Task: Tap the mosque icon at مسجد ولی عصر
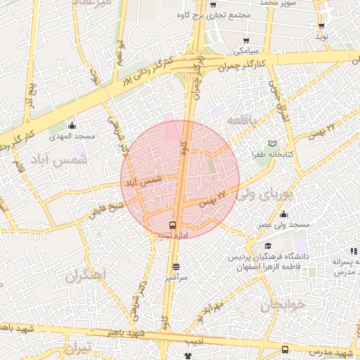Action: coord(283,214)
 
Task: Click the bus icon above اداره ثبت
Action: coord(173,226)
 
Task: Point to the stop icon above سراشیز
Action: coord(176,266)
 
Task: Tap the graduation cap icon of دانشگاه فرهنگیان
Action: coord(268,246)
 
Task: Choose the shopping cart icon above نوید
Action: coord(321,25)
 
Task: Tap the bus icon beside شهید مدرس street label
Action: coord(285,349)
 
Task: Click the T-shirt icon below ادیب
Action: coord(188,356)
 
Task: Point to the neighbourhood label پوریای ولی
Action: coord(262,193)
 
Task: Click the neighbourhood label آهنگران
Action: coord(85,274)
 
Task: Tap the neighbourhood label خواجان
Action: coord(283,306)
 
